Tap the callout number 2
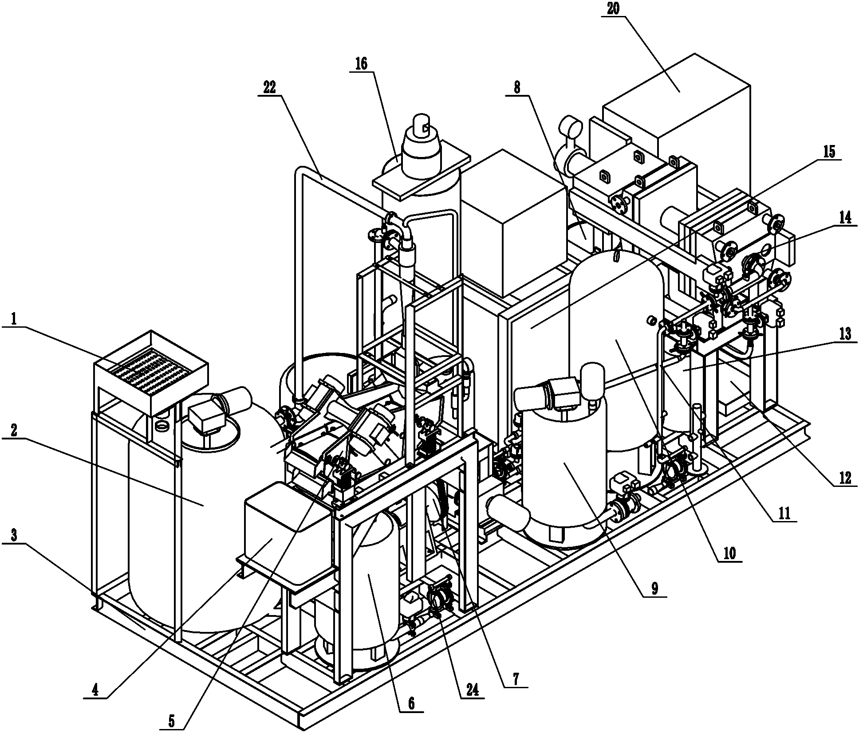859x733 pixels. (x=14, y=431)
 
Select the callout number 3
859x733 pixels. (x=14, y=535)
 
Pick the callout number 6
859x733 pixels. (x=411, y=703)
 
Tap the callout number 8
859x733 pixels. (x=517, y=87)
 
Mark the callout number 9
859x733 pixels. (x=654, y=588)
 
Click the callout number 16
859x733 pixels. (x=361, y=64)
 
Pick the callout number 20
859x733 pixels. (x=614, y=8)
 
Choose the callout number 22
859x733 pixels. (x=269, y=87)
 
